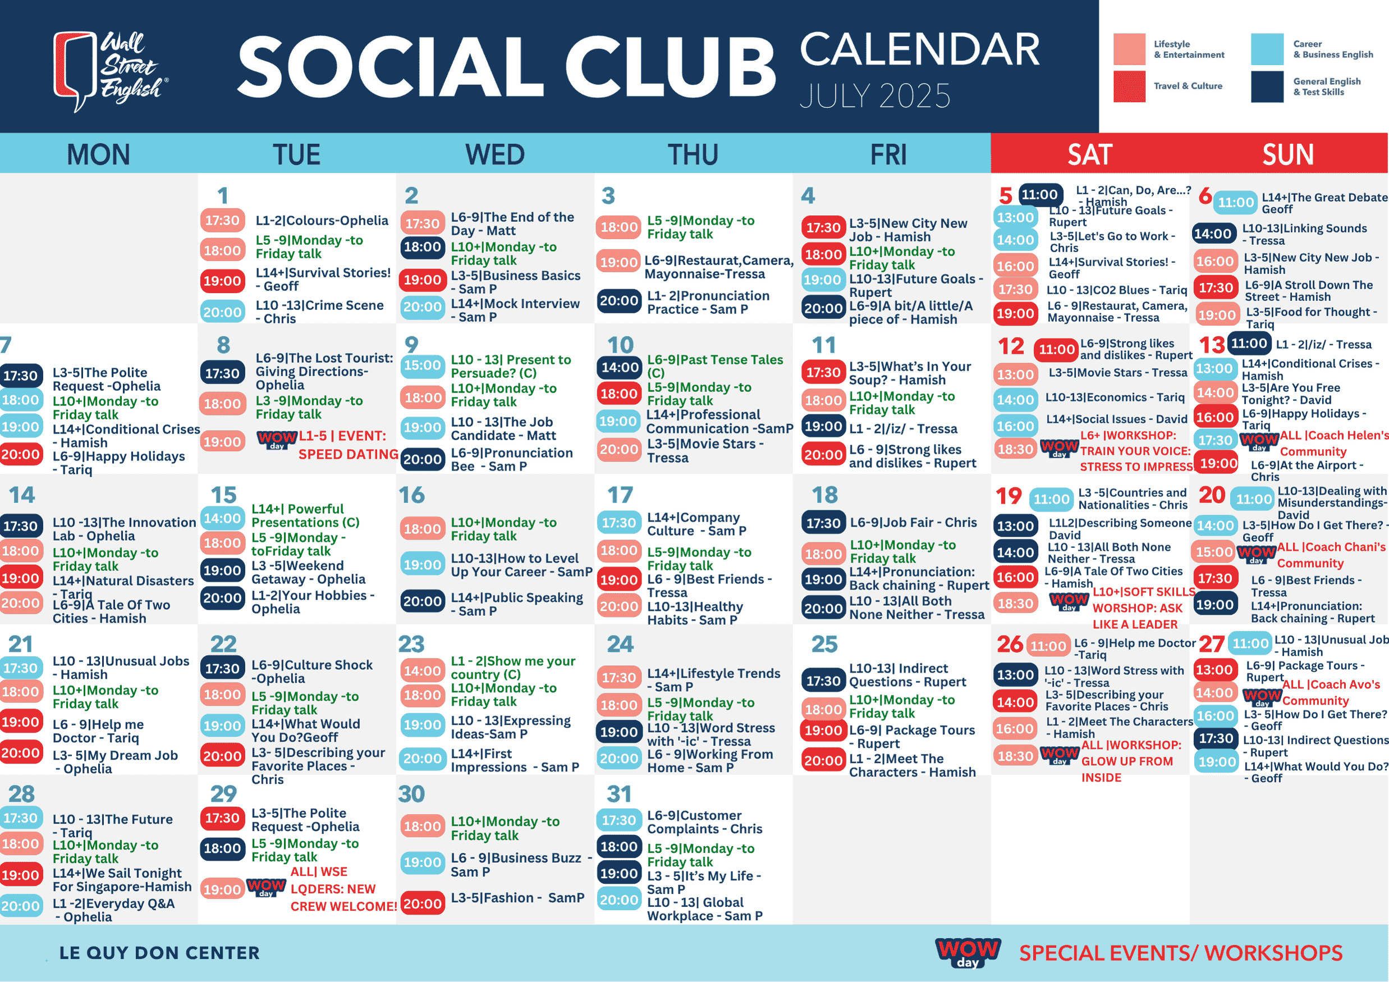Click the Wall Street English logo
[111, 71]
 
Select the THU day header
[693, 154]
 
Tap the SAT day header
[1089, 154]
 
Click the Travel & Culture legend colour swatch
[1129, 86]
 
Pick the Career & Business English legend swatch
[1267, 49]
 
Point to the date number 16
[411, 495]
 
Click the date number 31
[619, 794]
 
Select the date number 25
[824, 644]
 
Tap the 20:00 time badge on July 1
[223, 312]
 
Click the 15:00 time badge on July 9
[422, 366]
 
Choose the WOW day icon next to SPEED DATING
[277, 439]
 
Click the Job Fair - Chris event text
[913, 522]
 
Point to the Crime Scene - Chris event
[319, 312]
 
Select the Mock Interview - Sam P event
[515, 310]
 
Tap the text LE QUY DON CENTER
[159, 953]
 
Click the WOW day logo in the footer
[968, 952]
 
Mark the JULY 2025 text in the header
[875, 96]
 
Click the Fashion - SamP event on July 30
[517, 898]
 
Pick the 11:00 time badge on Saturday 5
[1040, 195]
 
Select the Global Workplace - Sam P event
[705, 909]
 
